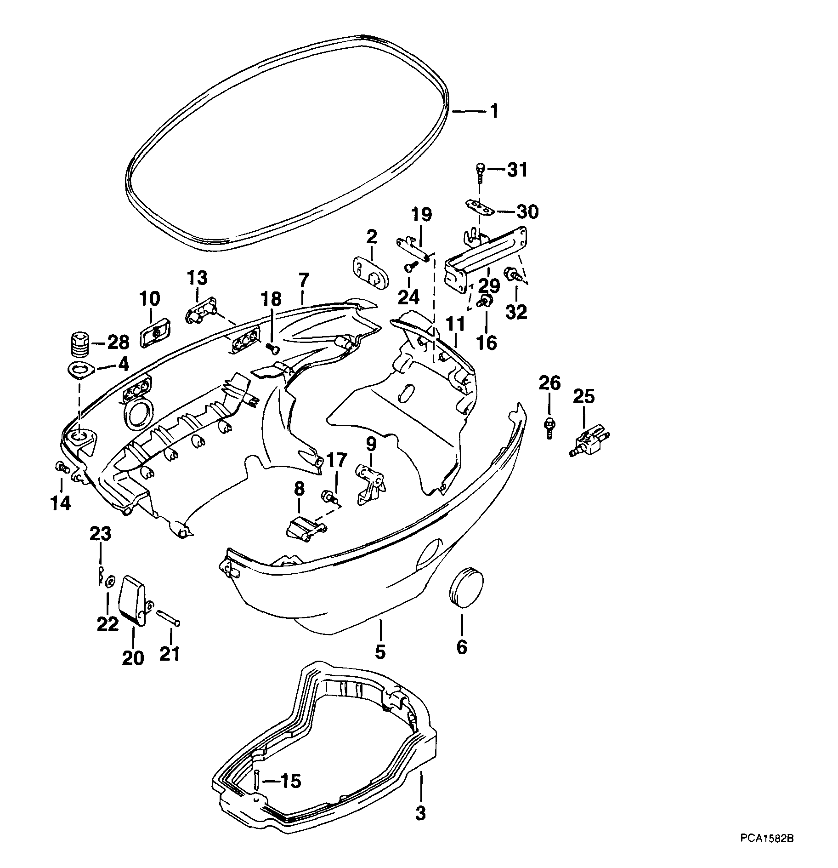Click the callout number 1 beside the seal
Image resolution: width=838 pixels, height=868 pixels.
click(x=494, y=112)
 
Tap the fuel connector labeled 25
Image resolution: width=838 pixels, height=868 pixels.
click(x=589, y=440)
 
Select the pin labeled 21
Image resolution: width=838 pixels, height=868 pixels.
click(x=169, y=617)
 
